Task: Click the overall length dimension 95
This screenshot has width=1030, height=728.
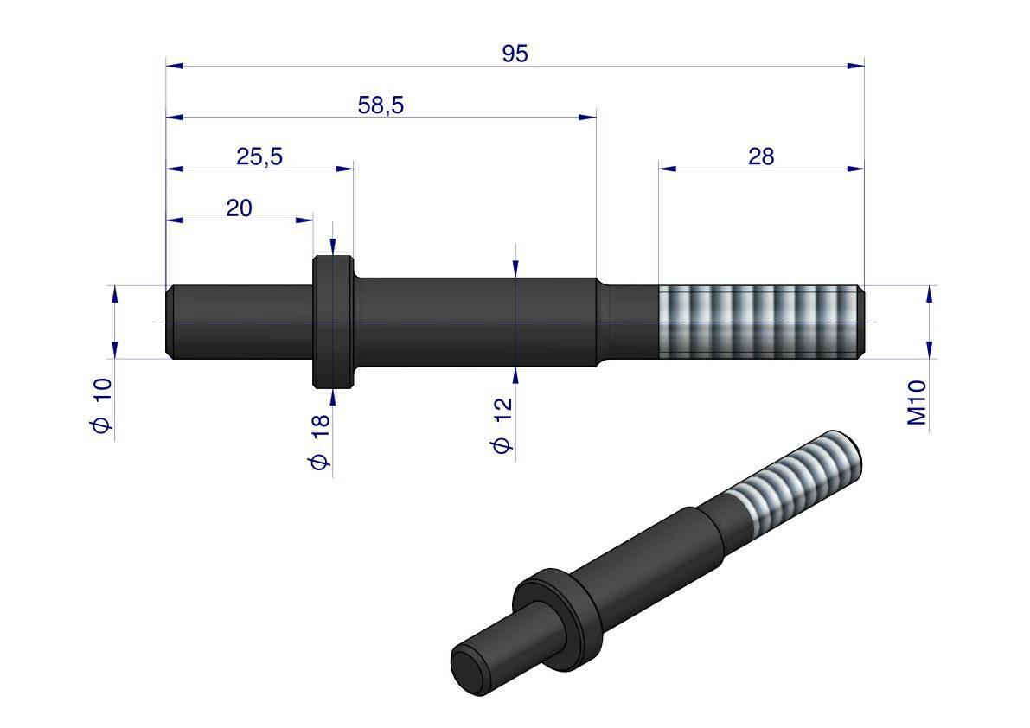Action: [x=515, y=53]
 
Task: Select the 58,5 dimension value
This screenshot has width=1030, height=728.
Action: [x=381, y=105]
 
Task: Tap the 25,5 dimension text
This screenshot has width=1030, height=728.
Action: [x=259, y=156]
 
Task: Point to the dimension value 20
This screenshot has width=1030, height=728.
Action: [x=239, y=208]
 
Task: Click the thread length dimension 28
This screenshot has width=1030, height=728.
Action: [x=761, y=156]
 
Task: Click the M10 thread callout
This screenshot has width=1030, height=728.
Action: [x=917, y=402]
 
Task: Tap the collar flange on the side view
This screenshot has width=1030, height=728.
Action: [x=333, y=322]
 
